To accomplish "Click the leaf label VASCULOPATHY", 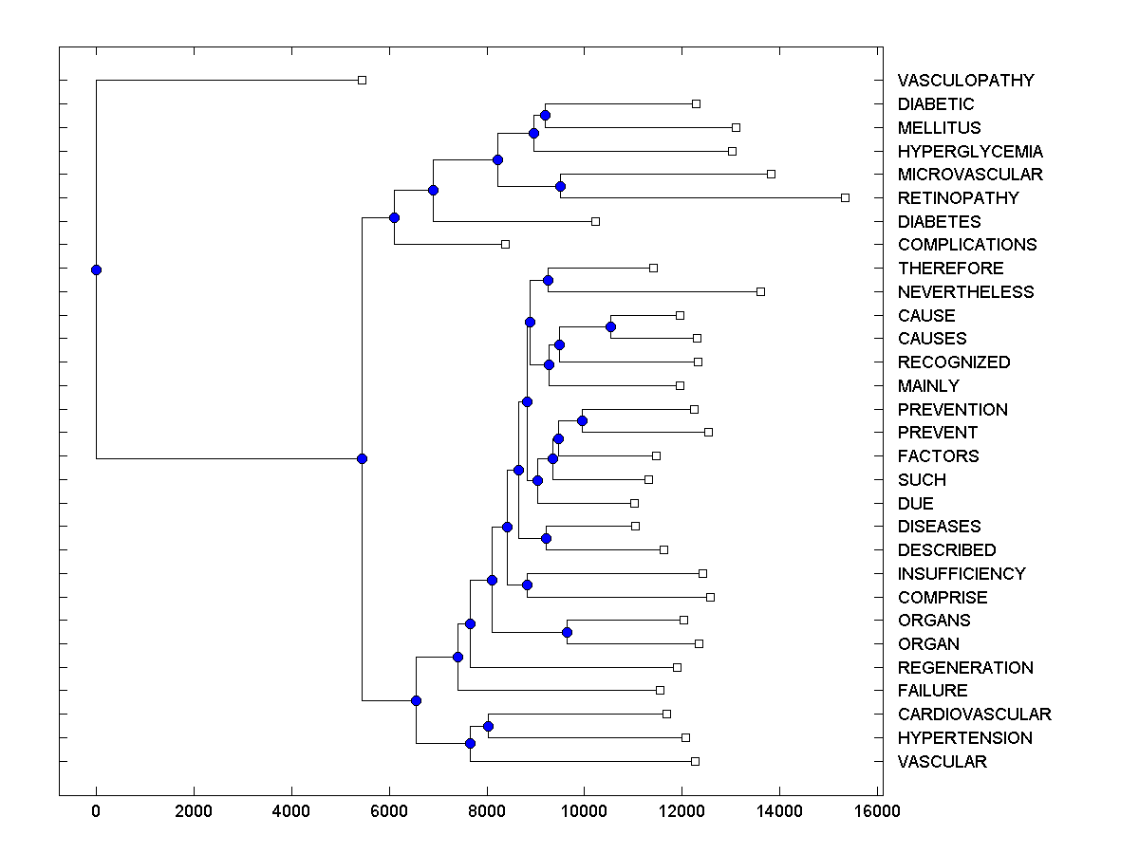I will point(965,81).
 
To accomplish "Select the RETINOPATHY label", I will point(958,198).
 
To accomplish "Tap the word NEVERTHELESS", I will point(965,292).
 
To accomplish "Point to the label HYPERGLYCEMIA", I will point(970,152).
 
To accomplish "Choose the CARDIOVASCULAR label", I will point(974,715).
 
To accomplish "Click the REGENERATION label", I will point(965,668).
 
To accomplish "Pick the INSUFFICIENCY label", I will point(962,574).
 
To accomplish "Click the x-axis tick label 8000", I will point(487,810).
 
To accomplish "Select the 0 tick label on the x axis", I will point(96,810).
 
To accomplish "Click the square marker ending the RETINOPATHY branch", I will point(845,197).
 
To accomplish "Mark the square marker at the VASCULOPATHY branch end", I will point(362,80).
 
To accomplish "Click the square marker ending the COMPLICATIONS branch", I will point(505,244).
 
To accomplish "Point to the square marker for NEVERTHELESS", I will point(760,291).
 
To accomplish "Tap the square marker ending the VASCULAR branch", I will point(695,761).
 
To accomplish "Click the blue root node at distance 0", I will point(96,269).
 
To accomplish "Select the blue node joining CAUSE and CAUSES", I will point(610,326).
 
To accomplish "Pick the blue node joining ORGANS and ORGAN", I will point(567,632).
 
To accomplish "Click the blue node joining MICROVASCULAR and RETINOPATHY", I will point(560,186).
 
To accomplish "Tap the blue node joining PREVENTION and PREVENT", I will point(583,420).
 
